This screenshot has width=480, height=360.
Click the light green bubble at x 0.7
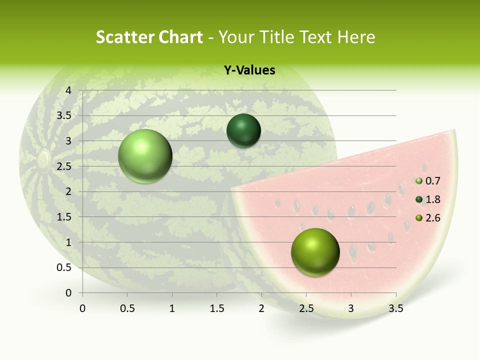pyautogui.click(x=145, y=156)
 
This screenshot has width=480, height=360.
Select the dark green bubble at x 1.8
pyautogui.click(x=243, y=131)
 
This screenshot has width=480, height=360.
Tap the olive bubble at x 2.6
pyautogui.click(x=315, y=252)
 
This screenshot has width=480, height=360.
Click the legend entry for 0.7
pyautogui.click(x=428, y=181)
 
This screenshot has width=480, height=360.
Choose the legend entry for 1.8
pyautogui.click(x=428, y=199)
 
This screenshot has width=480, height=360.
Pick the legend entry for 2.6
pyautogui.click(x=428, y=218)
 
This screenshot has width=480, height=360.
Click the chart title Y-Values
pyautogui.click(x=249, y=70)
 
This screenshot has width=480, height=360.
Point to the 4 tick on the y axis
pyautogui.click(x=68, y=90)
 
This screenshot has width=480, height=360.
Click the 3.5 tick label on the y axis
pyautogui.click(x=64, y=115)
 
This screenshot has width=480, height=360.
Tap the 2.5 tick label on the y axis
pyautogui.click(x=64, y=166)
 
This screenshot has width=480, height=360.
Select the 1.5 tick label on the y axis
pyautogui.click(x=64, y=217)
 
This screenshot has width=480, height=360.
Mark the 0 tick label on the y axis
pyautogui.click(x=68, y=293)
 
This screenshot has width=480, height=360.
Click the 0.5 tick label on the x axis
pyautogui.click(x=127, y=308)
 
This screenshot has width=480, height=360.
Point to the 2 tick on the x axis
pyautogui.click(x=261, y=308)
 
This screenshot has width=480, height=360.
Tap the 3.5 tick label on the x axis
pyautogui.click(x=396, y=308)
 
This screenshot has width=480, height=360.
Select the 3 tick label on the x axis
pyautogui.click(x=351, y=308)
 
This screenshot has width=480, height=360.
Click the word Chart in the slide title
pyautogui.click(x=181, y=37)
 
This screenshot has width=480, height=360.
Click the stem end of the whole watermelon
pyautogui.click(x=43, y=159)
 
